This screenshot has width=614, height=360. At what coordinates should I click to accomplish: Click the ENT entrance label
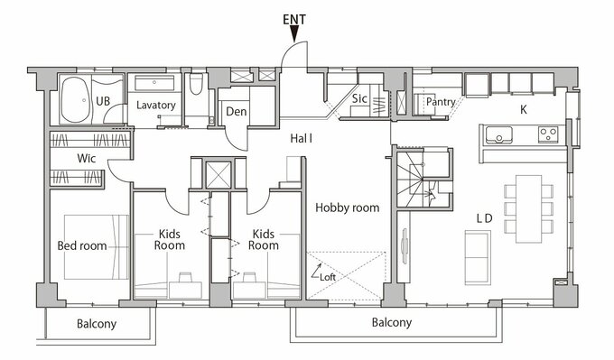pyautogui.click(x=294, y=19)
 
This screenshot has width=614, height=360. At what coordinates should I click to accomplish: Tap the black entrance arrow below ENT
pyautogui.click(x=294, y=33)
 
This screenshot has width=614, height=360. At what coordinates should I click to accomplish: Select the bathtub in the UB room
pyautogui.click(x=76, y=100)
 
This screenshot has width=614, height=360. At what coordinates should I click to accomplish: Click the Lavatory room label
pyautogui.click(x=156, y=105)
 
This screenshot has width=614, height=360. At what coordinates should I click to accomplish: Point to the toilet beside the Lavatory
pyautogui.click(x=196, y=84)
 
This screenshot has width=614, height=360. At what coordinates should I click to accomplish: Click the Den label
pyautogui.click(x=237, y=112)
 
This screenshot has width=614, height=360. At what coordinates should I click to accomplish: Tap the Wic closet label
pyautogui.click(x=86, y=159)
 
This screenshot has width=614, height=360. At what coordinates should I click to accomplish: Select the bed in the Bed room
pyautogui.click(x=97, y=247)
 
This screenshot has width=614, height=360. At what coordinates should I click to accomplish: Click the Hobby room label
pyautogui.click(x=348, y=208)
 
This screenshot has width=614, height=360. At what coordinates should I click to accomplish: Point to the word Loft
pyautogui.click(x=328, y=277)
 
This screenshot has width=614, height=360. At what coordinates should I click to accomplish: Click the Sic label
pyautogui.click(x=359, y=98)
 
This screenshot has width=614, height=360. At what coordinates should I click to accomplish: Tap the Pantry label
pyautogui.click(x=441, y=102)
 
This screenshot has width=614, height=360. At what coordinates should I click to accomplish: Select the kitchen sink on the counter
pyautogui.click(x=498, y=134)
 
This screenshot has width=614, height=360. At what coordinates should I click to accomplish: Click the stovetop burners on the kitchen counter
pyautogui.click(x=548, y=134)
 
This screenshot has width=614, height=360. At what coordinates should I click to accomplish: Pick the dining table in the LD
pyautogui.click(x=528, y=209)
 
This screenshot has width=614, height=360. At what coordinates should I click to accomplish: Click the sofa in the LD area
pyautogui.click(x=478, y=257)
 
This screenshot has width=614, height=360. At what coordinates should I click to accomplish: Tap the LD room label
pyautogui.click(x=484, y=218)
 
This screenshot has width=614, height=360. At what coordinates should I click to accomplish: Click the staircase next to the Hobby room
pyautogui.click(x=423, y=177)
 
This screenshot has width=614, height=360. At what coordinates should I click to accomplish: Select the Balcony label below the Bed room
pyautogui.click(x=97, y=324)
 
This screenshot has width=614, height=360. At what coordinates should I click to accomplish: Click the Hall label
pyautogui.click(x=301, y=138)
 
